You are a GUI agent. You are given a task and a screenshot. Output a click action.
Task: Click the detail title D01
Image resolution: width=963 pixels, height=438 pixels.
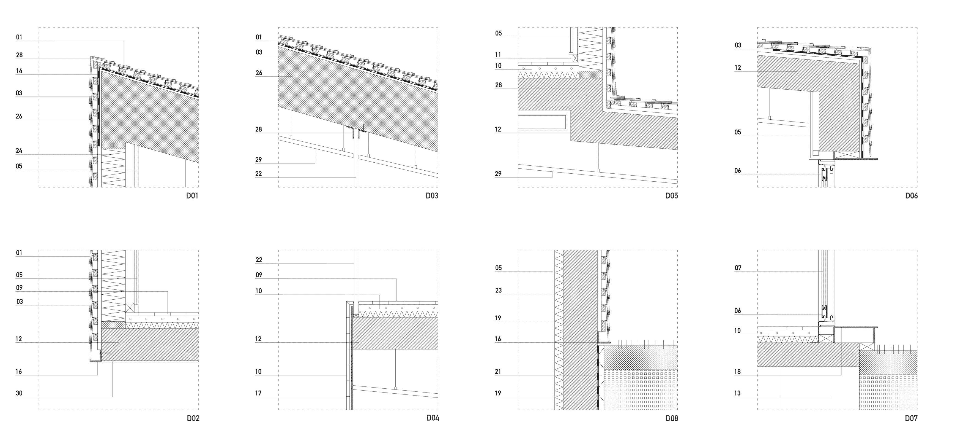[192, 196]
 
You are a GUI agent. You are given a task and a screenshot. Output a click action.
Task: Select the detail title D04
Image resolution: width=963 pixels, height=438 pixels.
[433, 418]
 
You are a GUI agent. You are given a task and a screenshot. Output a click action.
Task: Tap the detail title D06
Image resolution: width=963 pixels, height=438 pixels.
[911, 196]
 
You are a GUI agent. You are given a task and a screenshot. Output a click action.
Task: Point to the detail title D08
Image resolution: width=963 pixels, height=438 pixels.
[672, 418]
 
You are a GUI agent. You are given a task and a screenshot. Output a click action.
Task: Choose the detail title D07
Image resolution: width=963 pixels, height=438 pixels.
[911, 418]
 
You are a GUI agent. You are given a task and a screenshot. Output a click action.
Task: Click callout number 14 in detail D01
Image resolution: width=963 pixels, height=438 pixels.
[19, 71]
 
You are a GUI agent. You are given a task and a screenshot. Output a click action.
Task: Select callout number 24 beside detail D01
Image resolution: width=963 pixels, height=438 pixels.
[19, 151]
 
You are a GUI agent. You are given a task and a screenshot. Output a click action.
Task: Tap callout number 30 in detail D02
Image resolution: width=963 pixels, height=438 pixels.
[19, 393]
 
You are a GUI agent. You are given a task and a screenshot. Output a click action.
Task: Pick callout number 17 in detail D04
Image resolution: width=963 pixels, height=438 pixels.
[259, 393]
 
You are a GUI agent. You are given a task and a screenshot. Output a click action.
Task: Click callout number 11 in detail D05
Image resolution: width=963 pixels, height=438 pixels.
[498, 55]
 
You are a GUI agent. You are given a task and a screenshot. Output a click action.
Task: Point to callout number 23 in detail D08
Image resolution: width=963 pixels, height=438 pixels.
[498, 291]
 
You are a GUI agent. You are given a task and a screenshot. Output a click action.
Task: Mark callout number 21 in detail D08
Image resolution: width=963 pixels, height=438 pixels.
[498, 372]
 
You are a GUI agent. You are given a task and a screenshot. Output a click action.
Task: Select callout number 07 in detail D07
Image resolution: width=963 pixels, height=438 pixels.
[738, 268]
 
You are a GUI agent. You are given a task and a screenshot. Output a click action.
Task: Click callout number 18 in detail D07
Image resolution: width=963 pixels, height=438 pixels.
[738, 372]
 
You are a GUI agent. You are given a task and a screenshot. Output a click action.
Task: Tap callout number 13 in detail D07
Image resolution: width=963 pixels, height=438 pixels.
[738, 393]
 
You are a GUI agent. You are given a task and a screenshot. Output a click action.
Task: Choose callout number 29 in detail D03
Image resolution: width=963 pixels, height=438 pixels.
[259, 160]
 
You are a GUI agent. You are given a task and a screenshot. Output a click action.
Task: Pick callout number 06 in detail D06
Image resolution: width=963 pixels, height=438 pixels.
[738, 171]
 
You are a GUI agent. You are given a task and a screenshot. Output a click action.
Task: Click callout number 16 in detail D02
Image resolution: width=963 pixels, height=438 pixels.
[19, 372]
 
